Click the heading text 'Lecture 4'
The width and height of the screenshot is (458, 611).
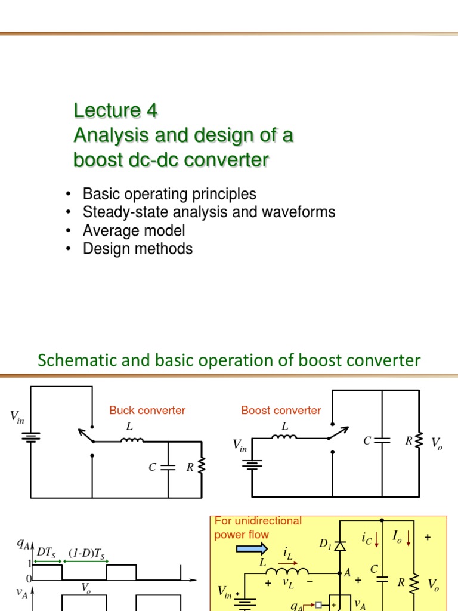click(x=116, y=110)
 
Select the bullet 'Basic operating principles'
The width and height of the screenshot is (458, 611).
click(x=169, y=194)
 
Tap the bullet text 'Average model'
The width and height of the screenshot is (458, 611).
click(x=134, y=230)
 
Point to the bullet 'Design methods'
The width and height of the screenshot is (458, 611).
click(x=138, y=249)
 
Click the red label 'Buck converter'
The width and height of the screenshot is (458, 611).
click(x=147, y=411)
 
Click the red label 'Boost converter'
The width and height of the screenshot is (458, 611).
click(x=281, y=411)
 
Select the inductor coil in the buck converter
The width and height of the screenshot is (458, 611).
click(x=132, y=442)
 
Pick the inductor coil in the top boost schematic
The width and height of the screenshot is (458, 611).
click(x=284, y=437)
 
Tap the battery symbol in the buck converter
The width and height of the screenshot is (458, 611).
click(x=31, y=437)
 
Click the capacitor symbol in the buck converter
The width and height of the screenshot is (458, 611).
click(x=169, y=468)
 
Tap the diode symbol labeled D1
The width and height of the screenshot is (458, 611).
click(x=340, y=545)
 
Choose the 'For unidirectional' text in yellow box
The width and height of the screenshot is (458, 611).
click(x=258, y=521)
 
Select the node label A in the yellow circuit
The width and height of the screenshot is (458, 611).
click(x=347, y=573)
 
